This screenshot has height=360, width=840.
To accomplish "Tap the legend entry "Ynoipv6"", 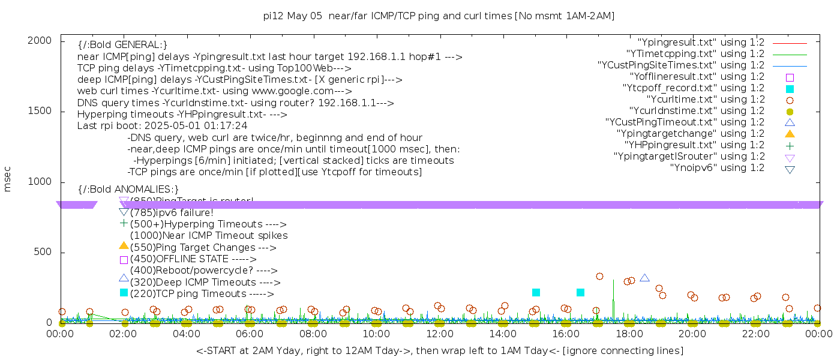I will click(717, 168).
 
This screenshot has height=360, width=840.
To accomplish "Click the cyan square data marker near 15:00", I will click(536, 293).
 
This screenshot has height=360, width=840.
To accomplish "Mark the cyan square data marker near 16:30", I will click(580, 293).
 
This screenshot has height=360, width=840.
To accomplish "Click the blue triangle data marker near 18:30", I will click(645, 278).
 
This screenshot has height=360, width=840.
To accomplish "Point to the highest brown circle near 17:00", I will click(599, 277).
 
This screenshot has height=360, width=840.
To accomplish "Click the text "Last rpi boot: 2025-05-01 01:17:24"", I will click(162, 126).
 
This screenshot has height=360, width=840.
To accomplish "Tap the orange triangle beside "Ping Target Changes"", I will click(124, 246).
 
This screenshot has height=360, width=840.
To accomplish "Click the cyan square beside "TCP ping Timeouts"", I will click(124, 293).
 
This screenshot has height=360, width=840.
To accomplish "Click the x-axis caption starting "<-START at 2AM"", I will click(439, 350).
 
